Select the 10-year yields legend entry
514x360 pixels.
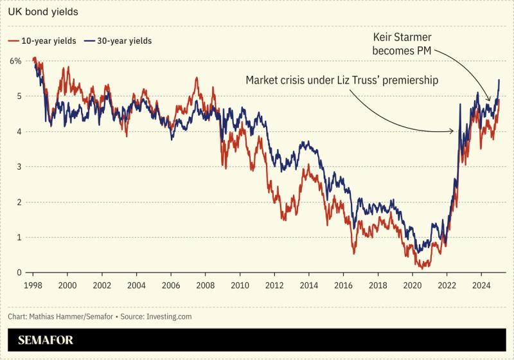point(42,40)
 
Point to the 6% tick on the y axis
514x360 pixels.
point(15,61)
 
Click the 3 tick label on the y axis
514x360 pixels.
point(19,166)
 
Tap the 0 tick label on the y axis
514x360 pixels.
point(19,273)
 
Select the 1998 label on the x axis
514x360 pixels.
point(33,285)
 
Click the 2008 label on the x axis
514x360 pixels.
point(205,285)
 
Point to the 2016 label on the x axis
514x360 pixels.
point(343,285)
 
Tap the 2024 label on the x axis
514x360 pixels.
point(481,285)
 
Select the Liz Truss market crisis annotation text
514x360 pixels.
point(341,80)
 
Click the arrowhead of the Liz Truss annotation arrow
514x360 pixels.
point(453,131)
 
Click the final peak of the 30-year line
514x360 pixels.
point(499,80)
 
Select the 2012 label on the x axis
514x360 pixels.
point(274,285)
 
